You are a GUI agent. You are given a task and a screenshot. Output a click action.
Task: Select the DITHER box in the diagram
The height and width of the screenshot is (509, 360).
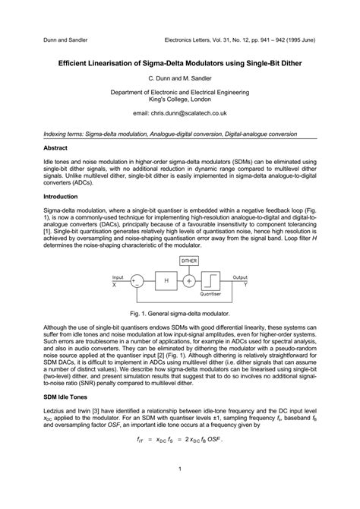[x=188, y=261]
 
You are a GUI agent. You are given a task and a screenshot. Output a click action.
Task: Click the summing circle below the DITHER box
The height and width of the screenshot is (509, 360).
[x=188, y=281]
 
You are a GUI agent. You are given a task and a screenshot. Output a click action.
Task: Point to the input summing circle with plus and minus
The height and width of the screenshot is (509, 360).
[x=137, y=281]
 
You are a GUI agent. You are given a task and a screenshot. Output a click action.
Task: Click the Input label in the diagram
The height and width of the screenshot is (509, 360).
[x=118, y=277]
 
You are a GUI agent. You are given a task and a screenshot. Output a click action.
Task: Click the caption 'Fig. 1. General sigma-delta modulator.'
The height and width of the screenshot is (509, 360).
[x=179, y=313]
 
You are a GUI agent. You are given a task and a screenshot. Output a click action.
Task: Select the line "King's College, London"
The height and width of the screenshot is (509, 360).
[x=179, y=100]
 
